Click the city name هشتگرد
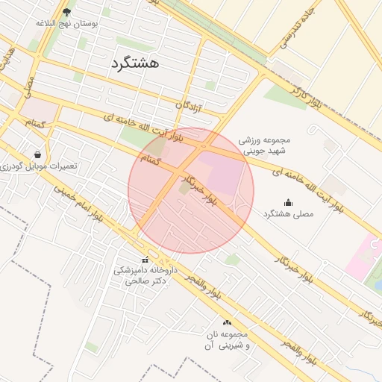(x=134, y=63)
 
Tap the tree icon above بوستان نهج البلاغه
(x=67, y=12)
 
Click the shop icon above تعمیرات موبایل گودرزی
(x=37, y=155)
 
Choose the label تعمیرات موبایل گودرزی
(x=39, y=166)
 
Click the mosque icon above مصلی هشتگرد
(x=289, y=202)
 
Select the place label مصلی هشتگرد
(x=288, y=214)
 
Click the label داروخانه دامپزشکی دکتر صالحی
(x=145, y=276)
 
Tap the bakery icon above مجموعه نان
(x=227, y=322)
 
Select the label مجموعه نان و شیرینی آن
(x=227, y=339)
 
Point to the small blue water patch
(x=378, y=284)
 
